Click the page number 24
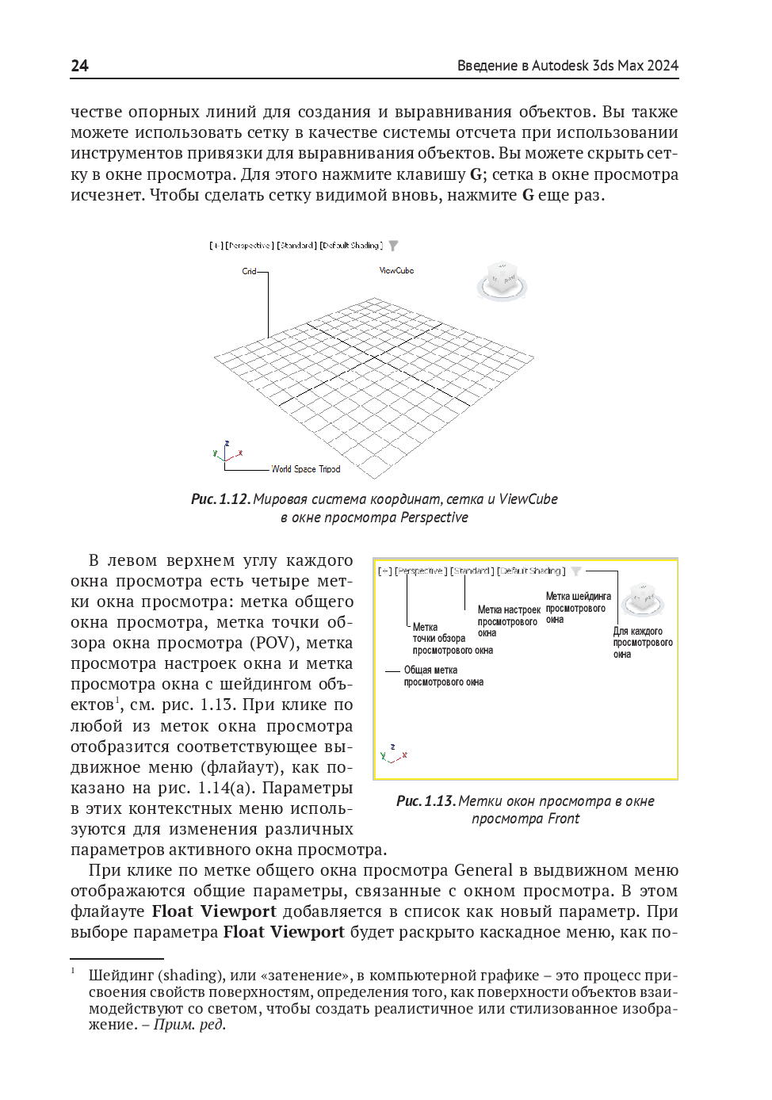click(79, 66)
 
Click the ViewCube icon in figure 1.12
click(503, 280)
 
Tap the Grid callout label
click(249, 272)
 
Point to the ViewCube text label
click(396, 271)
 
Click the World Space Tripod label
click(306, 469)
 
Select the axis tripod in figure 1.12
click(227, 453)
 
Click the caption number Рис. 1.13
click(426, 801)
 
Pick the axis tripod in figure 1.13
click(393, 753)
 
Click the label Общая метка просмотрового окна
click(443, 676)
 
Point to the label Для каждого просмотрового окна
click(642, 643)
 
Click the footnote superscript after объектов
click(117, 700)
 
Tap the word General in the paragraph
click(483, 870)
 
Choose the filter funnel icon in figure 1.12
click(394, 246)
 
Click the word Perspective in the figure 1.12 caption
click(434, 518)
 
